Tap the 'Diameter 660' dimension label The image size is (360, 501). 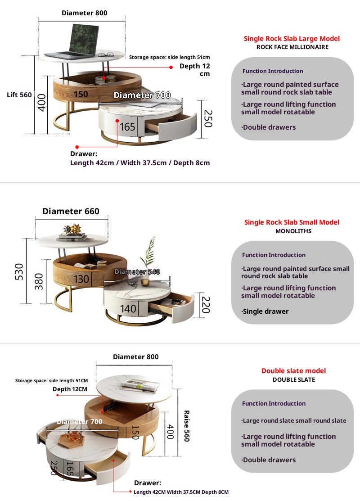coord(71,212)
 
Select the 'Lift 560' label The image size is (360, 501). coord(19,95)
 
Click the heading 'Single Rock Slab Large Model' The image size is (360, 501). coord(292,39)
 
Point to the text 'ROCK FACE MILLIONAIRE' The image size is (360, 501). coord(292,47)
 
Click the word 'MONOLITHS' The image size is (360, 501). coord(293,231)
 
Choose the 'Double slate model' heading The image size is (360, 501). coord(293,371)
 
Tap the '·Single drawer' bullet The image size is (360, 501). coord(265,311)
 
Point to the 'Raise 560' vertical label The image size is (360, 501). coord(186,426)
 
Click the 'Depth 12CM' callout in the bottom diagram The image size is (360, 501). coord(70,389)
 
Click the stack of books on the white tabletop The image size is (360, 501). coord(72,231)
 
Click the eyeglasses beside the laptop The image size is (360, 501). coord(106,55)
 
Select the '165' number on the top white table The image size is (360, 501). coord(128,127)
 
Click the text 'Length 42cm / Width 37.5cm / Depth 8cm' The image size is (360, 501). coord(140,163)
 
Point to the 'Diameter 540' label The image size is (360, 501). coord(137,272)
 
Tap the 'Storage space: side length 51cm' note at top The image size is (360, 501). coord(169,57)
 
